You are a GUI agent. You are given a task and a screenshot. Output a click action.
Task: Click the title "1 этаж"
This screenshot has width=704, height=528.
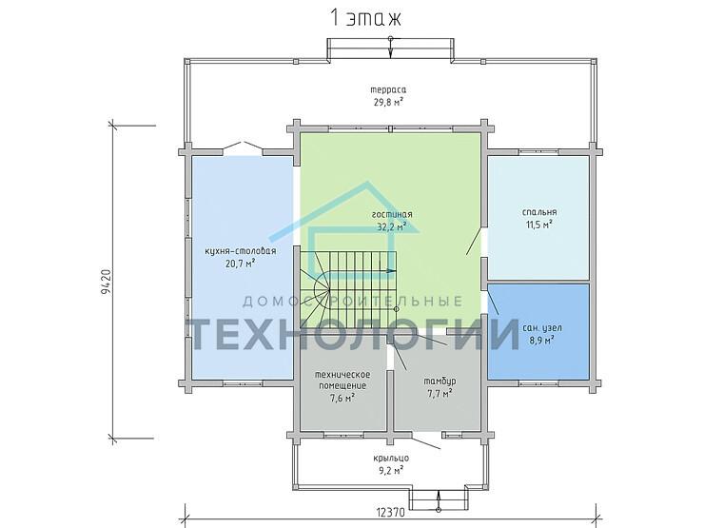click(365, 19)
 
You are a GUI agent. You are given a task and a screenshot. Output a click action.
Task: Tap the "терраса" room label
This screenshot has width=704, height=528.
click(389, 89)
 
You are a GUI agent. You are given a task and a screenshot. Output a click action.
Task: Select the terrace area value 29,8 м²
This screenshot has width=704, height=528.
click(389, 102)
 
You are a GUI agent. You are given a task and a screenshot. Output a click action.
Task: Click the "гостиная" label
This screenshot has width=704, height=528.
click(392, 214)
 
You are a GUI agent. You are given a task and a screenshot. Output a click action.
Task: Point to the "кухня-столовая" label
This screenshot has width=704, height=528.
click(240, 251)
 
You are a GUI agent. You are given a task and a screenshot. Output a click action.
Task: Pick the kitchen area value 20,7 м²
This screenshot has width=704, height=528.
click(240, 264)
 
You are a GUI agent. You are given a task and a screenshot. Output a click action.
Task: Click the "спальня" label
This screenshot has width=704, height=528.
click(539, 212)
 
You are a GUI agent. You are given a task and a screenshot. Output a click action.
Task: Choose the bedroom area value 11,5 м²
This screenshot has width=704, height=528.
click(539, 224)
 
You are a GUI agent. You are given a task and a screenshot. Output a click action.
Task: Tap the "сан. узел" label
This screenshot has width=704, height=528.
click(542, 328)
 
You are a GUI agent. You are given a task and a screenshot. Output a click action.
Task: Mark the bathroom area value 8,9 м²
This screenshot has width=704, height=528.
click(542, 341)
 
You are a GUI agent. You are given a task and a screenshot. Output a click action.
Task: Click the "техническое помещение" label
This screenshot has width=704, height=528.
click(342, 380)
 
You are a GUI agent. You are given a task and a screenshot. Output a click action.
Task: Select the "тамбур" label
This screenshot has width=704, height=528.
click(440, 381)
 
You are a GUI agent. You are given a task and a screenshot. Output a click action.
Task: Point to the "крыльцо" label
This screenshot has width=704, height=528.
click(391, 459)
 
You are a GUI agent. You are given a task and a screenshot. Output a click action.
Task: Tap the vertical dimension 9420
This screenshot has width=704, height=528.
click(106, 282)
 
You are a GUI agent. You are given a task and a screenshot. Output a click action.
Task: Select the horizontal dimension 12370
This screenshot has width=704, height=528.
click(391, 512)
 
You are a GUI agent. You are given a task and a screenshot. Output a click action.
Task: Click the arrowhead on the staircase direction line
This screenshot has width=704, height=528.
click(391, 271)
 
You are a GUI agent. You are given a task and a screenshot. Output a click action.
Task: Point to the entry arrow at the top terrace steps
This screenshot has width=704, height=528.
click(391, 48)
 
